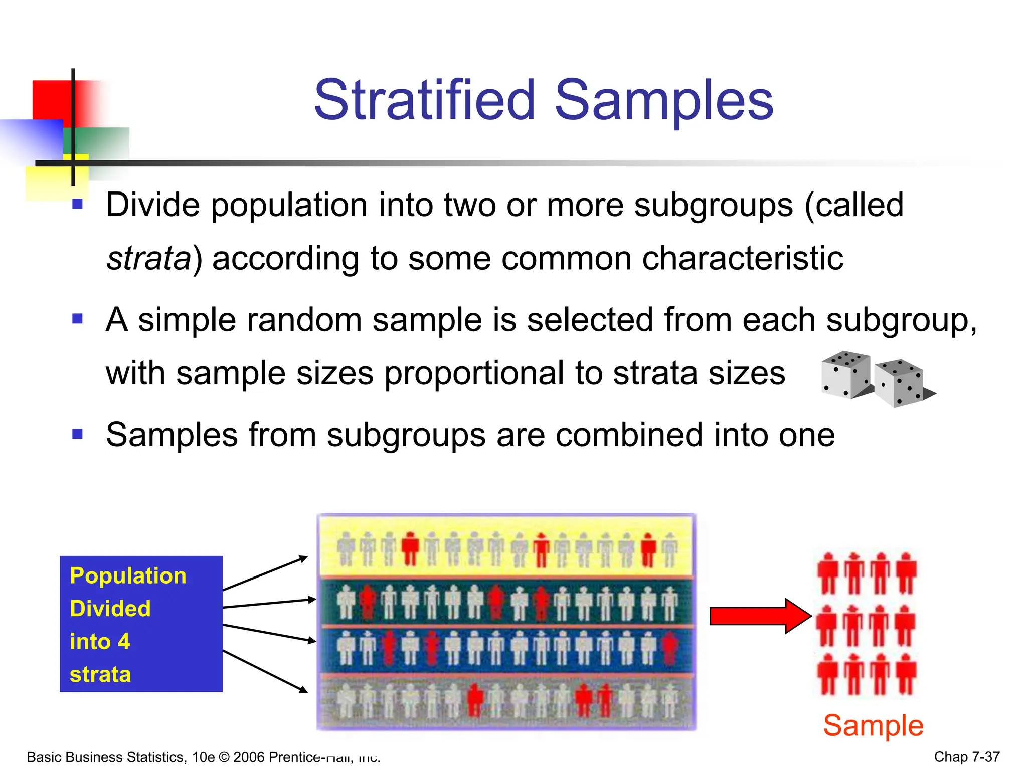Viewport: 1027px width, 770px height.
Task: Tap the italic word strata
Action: click(148, 259)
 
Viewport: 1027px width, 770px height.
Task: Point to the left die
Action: click(845, 374)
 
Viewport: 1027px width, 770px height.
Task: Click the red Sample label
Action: click(873, 725)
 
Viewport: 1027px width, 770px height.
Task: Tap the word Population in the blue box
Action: click(128, 575)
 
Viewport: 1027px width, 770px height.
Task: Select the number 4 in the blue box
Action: click(124, 642)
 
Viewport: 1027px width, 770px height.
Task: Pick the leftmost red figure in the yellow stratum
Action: click(411, 548)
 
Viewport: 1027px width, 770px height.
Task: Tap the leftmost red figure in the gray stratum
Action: click(475, 700)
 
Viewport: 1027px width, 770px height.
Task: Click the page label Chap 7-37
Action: click(966, 757)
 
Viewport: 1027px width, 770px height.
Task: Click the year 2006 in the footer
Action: click(249, 757)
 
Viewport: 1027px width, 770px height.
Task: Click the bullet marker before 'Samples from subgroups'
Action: click(77, 434)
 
